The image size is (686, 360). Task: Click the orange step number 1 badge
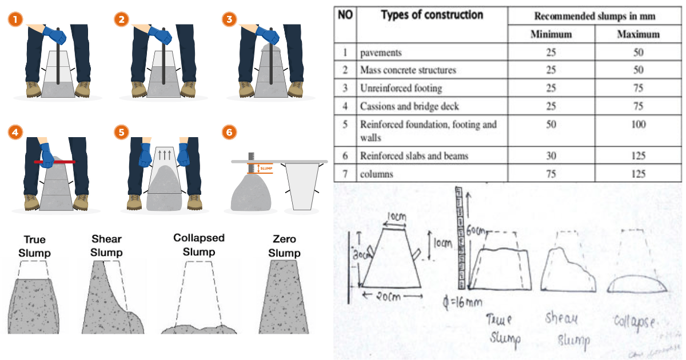pos(15,19)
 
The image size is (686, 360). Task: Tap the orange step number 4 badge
pos(15,133)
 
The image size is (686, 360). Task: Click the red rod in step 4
pos(54,162)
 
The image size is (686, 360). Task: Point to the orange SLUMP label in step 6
pos(264,169)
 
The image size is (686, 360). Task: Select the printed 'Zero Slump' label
pos(284,246)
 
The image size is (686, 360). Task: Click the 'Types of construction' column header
pos(432,15)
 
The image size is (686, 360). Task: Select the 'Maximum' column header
pos(638,34)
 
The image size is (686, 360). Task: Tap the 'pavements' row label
pos(381,53)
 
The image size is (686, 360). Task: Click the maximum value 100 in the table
pos(638,125)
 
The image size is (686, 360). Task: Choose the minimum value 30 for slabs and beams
pos(551,155)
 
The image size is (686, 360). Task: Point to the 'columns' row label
pos(376,174)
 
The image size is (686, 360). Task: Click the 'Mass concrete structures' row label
pos(408,70)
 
